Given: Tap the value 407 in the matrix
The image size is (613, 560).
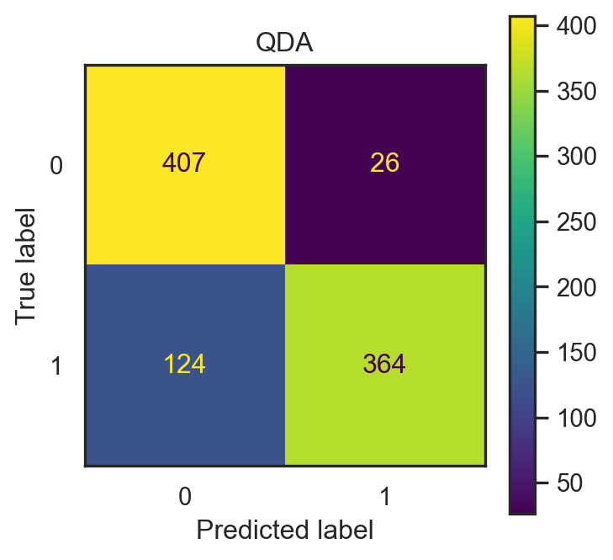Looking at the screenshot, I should (x=184, y=163).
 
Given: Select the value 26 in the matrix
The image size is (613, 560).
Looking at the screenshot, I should (x=384, y=163).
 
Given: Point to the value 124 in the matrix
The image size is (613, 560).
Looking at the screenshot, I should (x=184, y=365).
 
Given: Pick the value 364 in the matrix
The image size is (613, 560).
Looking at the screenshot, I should (x=384, y=365).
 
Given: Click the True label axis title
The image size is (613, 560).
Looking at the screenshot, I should (x=28, y=264).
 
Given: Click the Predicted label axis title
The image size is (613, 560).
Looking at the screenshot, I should (x=284, y=531).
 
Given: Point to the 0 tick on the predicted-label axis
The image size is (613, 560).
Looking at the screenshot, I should (x=184, y=497).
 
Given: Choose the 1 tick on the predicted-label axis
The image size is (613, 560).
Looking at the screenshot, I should (x=384, y=497).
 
